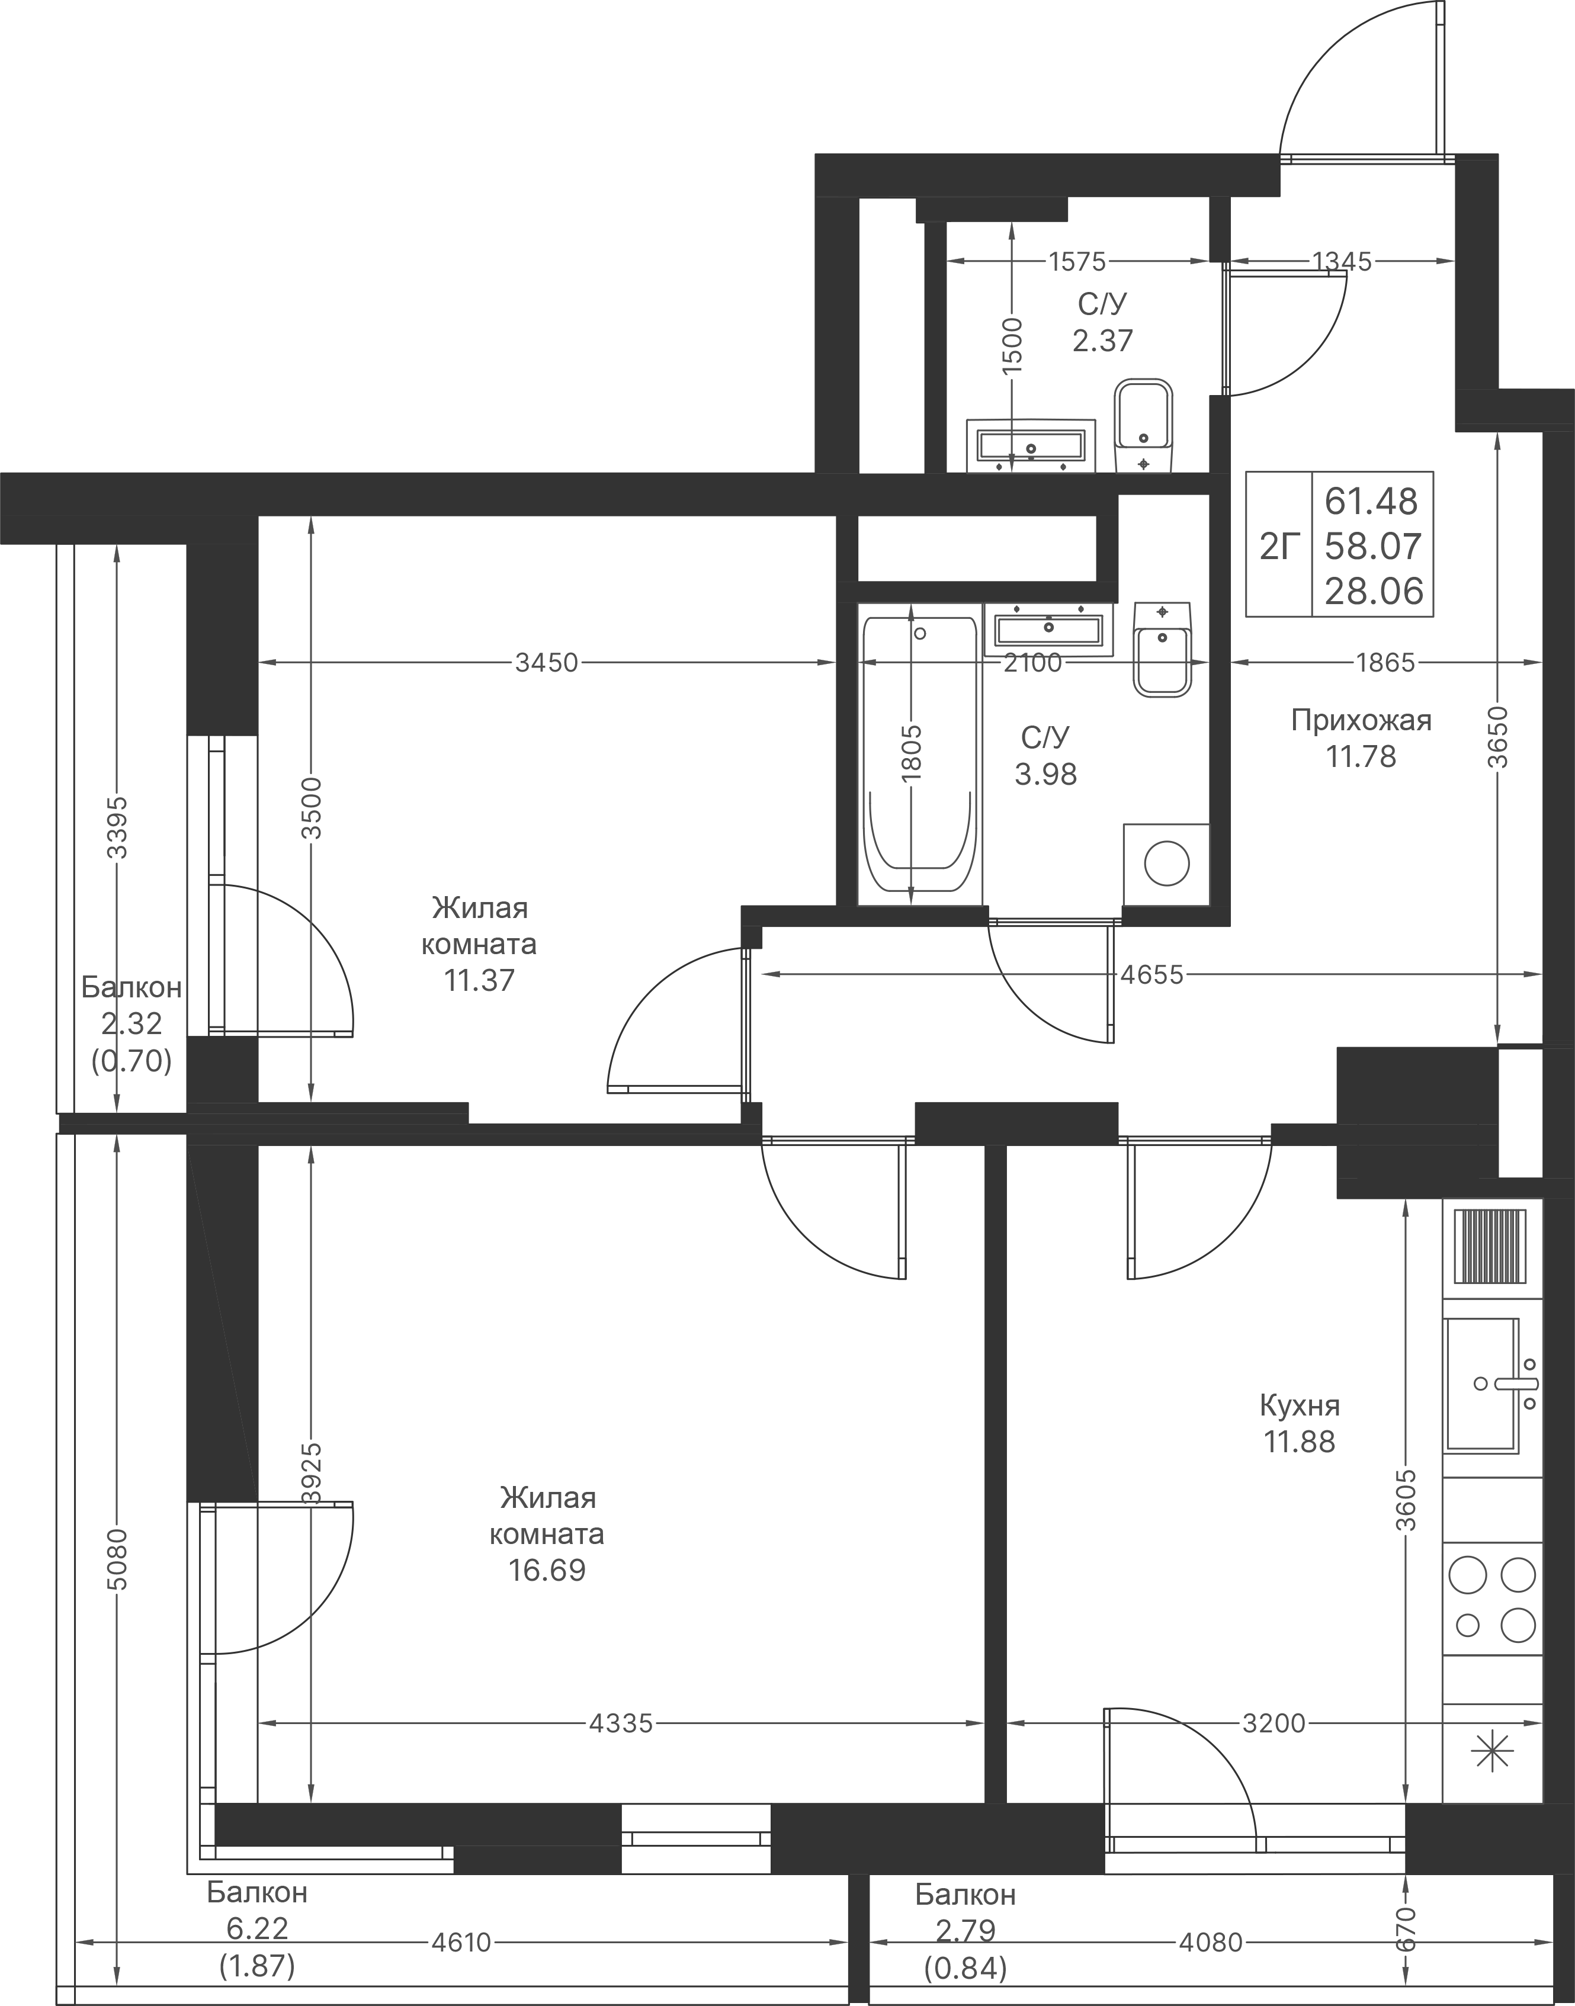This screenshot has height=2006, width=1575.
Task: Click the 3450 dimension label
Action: pos(546,663)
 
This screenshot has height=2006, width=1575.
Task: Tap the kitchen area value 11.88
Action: pos(1300,1442)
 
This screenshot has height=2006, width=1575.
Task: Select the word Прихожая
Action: pos(1361,720)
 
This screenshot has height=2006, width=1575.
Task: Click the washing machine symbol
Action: pos(1166,864)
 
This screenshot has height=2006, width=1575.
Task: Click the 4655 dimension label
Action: pos(1151,974)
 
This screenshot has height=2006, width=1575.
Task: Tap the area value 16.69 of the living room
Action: pos(547,1570)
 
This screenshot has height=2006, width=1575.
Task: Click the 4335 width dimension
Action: pos(621,1723)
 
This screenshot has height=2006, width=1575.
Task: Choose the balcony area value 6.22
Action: pos(256,1928)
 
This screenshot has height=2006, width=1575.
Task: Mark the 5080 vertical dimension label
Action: pos(117,1558)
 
